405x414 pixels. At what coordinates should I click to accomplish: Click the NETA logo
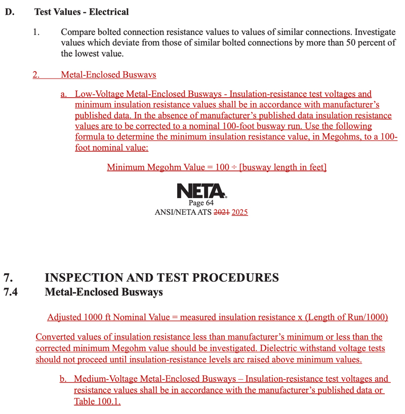pyautogui.click(x=201, y=191)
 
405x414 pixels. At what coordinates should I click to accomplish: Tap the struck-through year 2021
pyautogui.click(x=222, y=213)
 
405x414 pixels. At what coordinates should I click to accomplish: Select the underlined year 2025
pyautogui.click(x=239, y=213)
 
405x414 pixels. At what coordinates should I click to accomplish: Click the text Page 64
pyautogui.click(x=201, y=203)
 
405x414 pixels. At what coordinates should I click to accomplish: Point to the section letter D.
pyautogui.click(x=9, y=12)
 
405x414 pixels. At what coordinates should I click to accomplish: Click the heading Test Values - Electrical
pyautogui.click(x=82, y=12)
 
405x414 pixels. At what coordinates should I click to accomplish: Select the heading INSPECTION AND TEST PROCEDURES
pyautogui.click(x=161, y=278)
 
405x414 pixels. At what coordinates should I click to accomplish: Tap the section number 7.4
pyautogui.click(x=11, y=292)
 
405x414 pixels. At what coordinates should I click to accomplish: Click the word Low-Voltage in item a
pyautogui.click(x=99, y=94)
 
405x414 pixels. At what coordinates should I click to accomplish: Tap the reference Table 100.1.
pyautogui.click(x=97, y=402)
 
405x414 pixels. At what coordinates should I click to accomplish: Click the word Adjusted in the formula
pyautogui.click(x=64, y=317)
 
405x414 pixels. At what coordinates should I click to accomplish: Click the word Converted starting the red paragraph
pyautogui.click(x=54, y=337)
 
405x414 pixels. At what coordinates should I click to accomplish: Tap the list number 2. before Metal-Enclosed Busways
pyautogui.click(x=36, y=75)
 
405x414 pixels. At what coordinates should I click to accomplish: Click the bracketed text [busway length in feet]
pyautogui.click(x=282, y=167)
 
